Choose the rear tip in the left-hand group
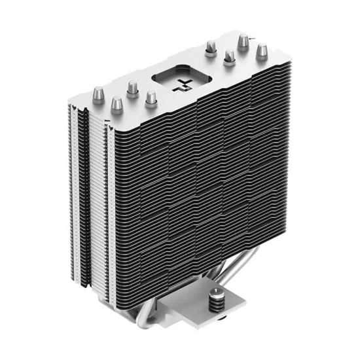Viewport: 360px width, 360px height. tap(132, 88)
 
